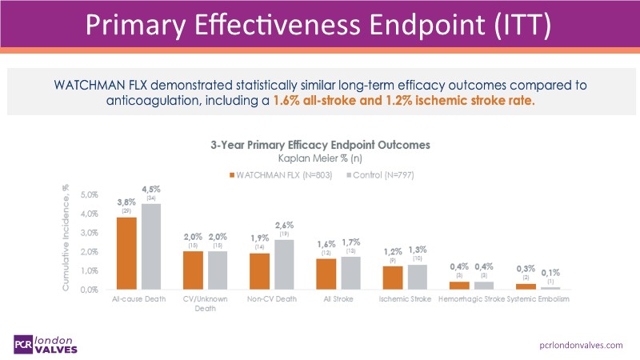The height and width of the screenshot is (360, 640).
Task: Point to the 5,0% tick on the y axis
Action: click(x=87, y=194)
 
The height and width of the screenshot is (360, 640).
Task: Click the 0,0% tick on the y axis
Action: click(x=87, y=290)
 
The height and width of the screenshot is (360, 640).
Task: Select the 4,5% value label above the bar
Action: click(x=151, y=190)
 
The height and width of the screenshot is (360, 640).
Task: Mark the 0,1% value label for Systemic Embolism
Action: click(x=551, y=271)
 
